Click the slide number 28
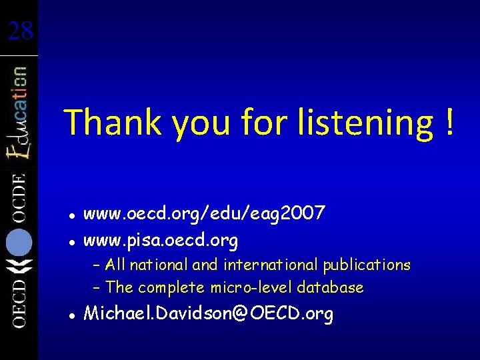coord(20,29)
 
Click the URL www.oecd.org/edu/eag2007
coord(204,214)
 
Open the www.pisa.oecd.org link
coord(160,239)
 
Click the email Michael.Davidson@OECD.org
coord(208,314)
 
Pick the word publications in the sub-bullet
coord(367,265)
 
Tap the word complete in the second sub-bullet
coord(172,288)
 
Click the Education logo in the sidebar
coord(18,113)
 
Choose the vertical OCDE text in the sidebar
coord(18,197)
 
